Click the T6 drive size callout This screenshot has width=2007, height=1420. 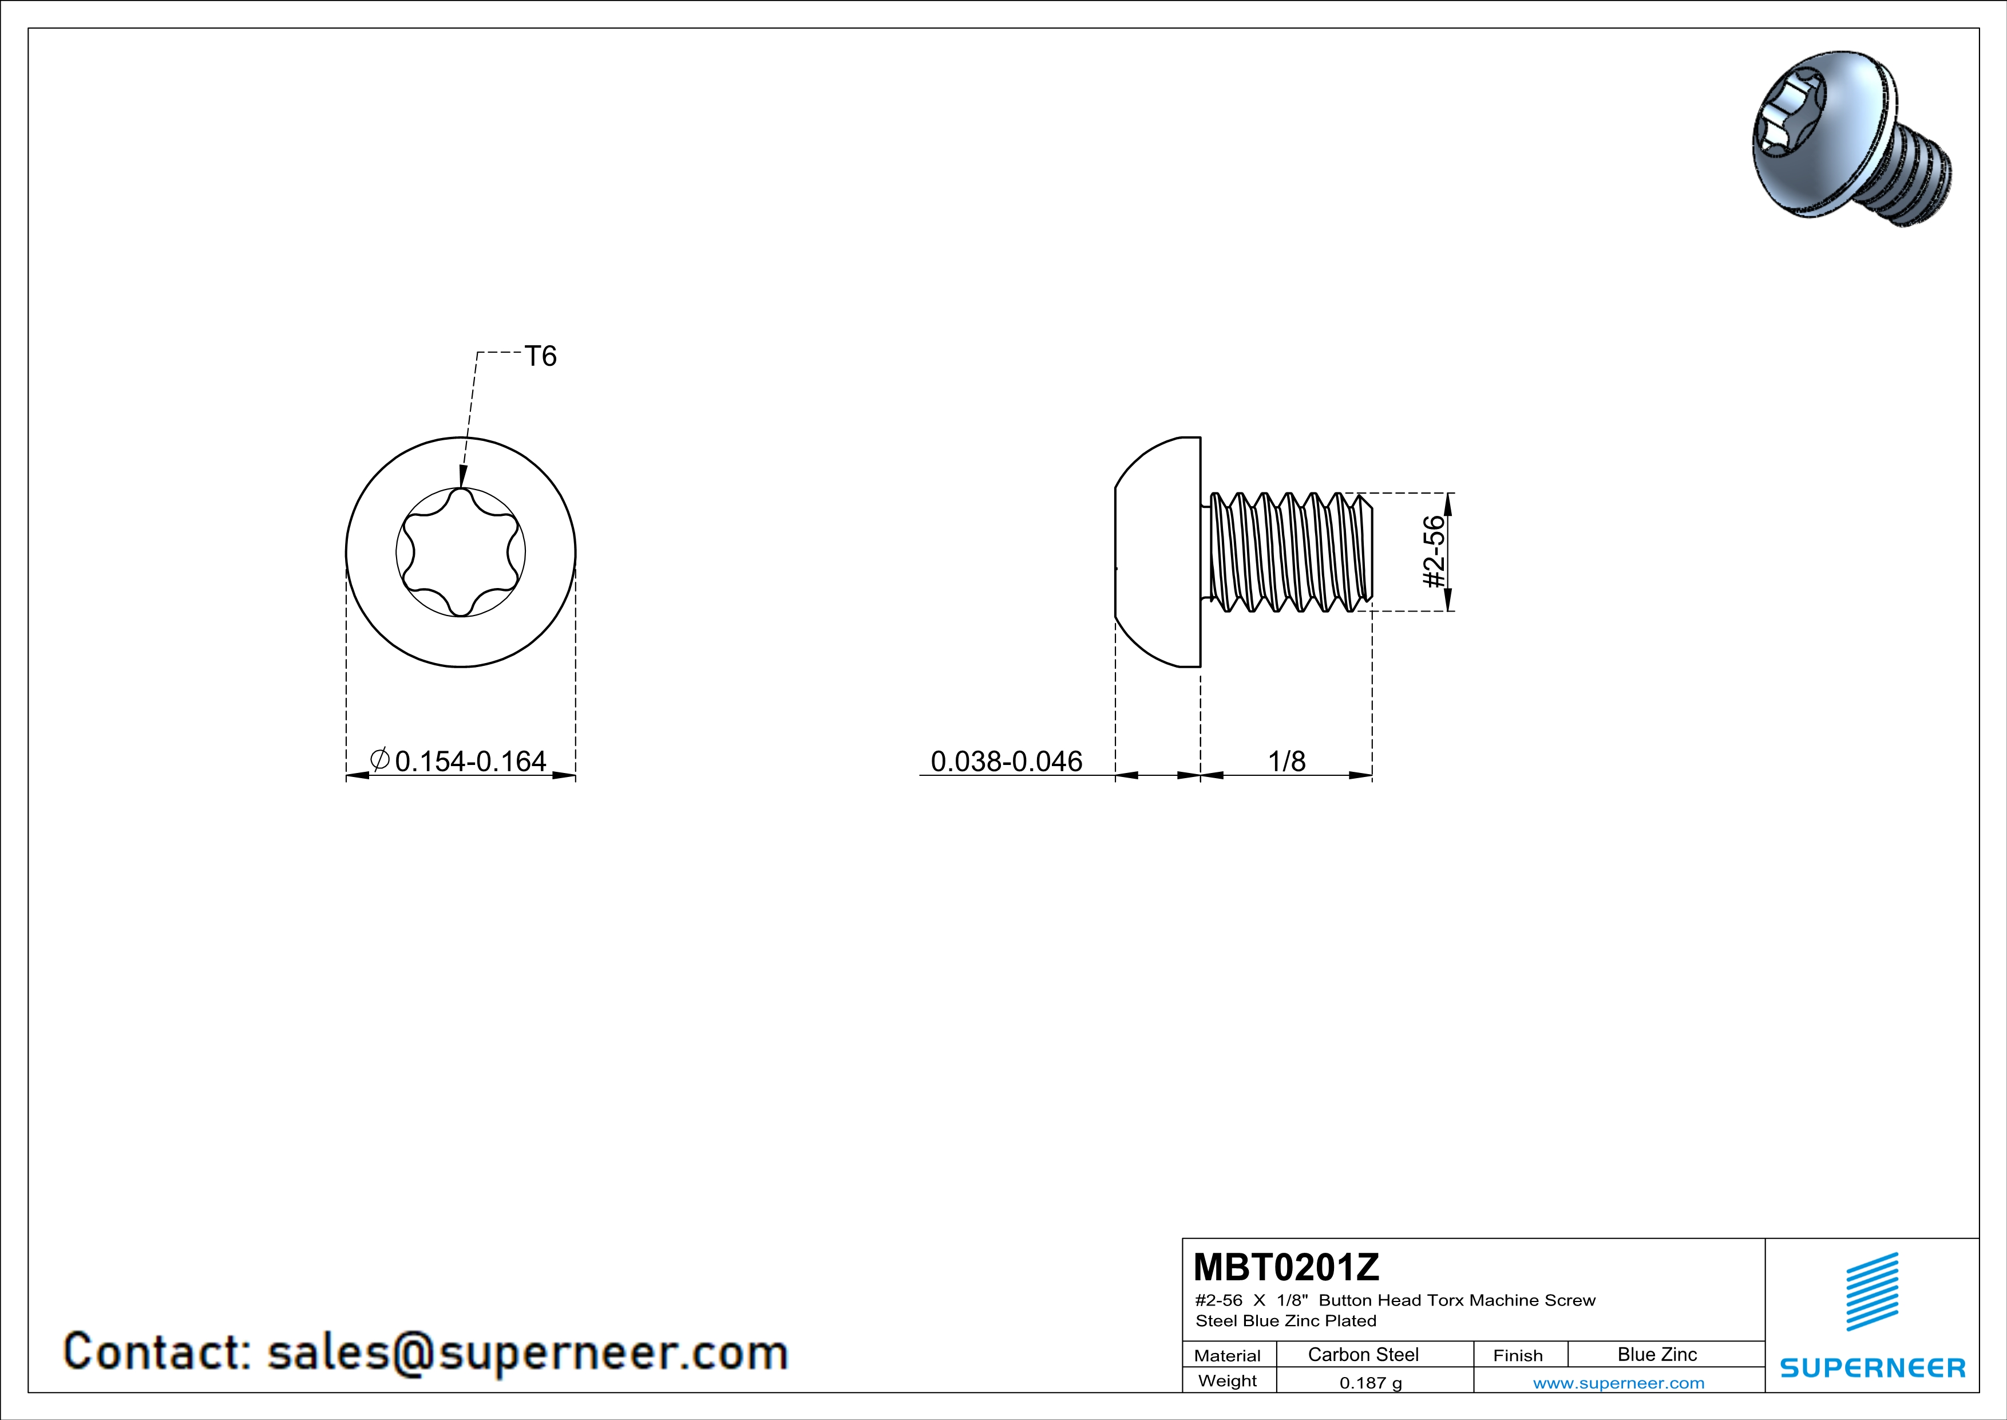click(x=540, y=356)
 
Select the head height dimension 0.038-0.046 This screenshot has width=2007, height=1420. click(x=1006, y=761)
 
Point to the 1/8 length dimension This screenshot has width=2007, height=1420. click(x=1286, y=761)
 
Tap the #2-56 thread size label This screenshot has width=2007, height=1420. click(x=1434, y=552)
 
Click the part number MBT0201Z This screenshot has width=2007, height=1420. click(x=1286, y=1266)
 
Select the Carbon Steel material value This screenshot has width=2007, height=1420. click(x=1363, y=1354)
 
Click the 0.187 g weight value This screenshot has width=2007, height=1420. click(x=1371, y=1382)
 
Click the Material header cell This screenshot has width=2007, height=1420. click(x=1228, y=1355)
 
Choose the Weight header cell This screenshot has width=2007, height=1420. click(x=1228, y=1380)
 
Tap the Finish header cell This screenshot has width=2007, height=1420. click(x=1518, y=1355)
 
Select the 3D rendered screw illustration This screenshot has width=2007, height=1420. click(x=1852, y=138)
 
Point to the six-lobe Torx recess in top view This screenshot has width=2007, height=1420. click(x=461, y=552)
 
